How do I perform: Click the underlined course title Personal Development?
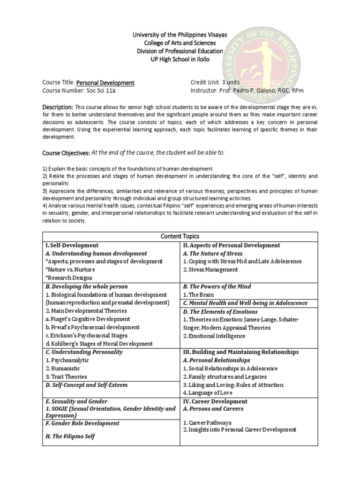[x=105, y=82]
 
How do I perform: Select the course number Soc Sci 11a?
[x=91, y=90]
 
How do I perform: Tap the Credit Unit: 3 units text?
[x=216, y=82]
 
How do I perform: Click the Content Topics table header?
[x=180, y=237]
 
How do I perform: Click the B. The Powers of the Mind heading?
[x=217, y=286]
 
